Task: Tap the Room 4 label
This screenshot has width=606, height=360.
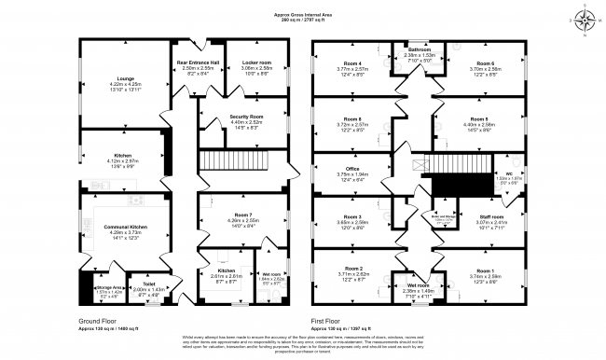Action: (351, 63)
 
